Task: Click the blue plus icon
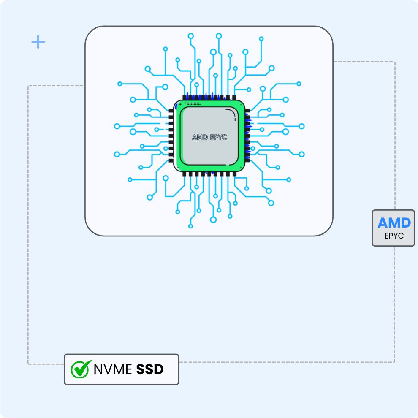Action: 38,42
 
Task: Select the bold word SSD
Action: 150,369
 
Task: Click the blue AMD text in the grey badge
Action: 394,223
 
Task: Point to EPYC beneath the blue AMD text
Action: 394,236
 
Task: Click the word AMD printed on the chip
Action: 200,137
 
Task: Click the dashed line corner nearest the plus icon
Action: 28,86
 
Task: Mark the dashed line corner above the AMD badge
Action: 394,62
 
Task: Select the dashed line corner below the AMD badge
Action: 394,362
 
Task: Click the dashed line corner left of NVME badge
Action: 28,364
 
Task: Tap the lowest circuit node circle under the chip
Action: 191,226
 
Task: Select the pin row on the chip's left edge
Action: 171,136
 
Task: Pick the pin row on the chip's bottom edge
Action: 209,174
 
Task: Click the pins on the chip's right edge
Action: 247,136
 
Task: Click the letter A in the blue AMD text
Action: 383,223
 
